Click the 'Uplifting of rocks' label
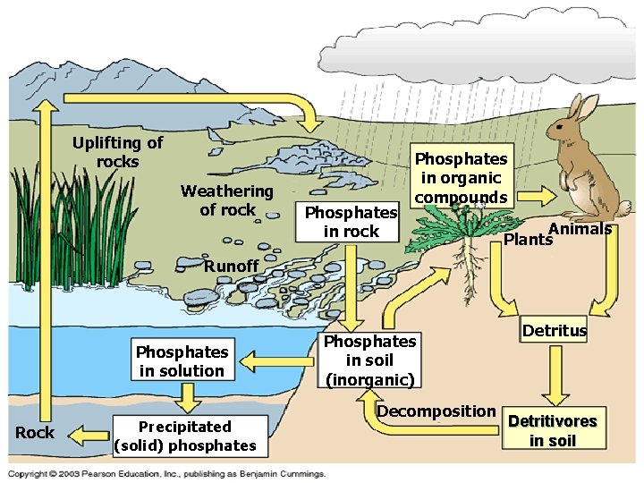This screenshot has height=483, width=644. tap(118, 152)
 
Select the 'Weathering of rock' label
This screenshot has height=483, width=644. tap(226, 200)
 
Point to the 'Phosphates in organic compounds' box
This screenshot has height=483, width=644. tap(462, 177)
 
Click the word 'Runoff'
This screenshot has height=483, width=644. tap(231, 266)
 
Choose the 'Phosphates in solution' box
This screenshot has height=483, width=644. tap(182, 361)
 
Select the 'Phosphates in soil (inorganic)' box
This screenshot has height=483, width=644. tap(369, 360)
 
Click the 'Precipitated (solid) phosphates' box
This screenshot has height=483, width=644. tap(185, 436)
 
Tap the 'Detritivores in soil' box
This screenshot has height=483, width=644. tap(552, 430)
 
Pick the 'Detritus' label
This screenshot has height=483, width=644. tap(555, 331)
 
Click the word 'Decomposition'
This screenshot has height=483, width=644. tap(436, 411)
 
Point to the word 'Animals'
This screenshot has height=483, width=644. tap(580, 229)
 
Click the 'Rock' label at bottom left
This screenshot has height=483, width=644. tap(35, 433)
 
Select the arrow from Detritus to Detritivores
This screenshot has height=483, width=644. tap(556, 376)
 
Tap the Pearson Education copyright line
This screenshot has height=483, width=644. tap(167, 473)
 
